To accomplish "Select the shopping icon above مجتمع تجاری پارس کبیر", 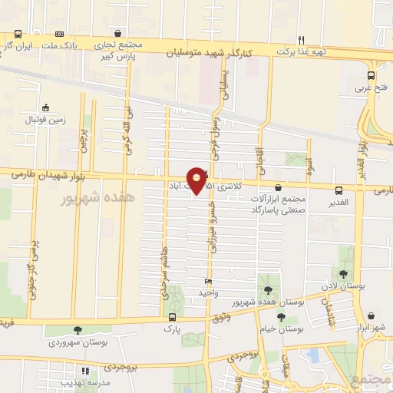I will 117,34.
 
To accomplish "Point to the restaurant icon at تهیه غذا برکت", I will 302,40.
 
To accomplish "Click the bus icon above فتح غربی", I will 371,75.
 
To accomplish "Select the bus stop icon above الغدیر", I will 339,190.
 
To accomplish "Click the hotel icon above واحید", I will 208,282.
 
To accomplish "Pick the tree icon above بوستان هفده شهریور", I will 268,290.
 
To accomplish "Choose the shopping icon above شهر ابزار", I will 372,315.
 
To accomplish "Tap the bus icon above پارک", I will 171,316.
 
